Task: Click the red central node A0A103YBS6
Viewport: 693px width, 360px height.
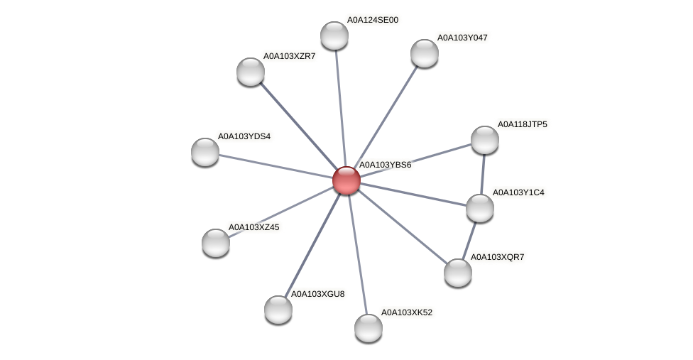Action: (x=346, y=180)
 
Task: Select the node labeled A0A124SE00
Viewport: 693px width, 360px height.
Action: (x=334, y=36)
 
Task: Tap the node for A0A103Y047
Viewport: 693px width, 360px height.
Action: (x=425, y=53)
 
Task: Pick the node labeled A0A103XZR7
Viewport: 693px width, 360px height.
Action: (x=251, y=72)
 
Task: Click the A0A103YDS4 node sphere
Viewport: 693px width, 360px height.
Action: (x=205, y=152)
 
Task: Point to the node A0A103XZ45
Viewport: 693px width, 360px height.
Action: (x=216, y=243)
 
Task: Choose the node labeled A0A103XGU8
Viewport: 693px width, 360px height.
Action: (x=278, y=310)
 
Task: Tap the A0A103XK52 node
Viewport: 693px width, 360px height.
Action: (x=369, y=328)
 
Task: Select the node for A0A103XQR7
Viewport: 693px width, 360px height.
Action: (x=458, y=273)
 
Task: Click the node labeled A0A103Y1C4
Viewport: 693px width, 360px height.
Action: (x=480, y=208)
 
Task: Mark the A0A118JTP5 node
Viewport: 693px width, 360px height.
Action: (x=485, y=140)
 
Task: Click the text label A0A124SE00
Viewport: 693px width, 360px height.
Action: (x=372, y=20)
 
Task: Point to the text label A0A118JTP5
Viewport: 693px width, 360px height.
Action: (x=522, y=124)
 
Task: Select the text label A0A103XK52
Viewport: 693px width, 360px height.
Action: (x=406, y=312)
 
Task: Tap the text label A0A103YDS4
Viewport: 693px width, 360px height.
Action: (x=244, y=136)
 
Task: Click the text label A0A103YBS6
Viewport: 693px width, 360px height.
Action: (x=385, y=165)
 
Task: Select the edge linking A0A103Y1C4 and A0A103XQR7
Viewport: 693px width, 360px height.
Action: (x=469, y=240)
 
